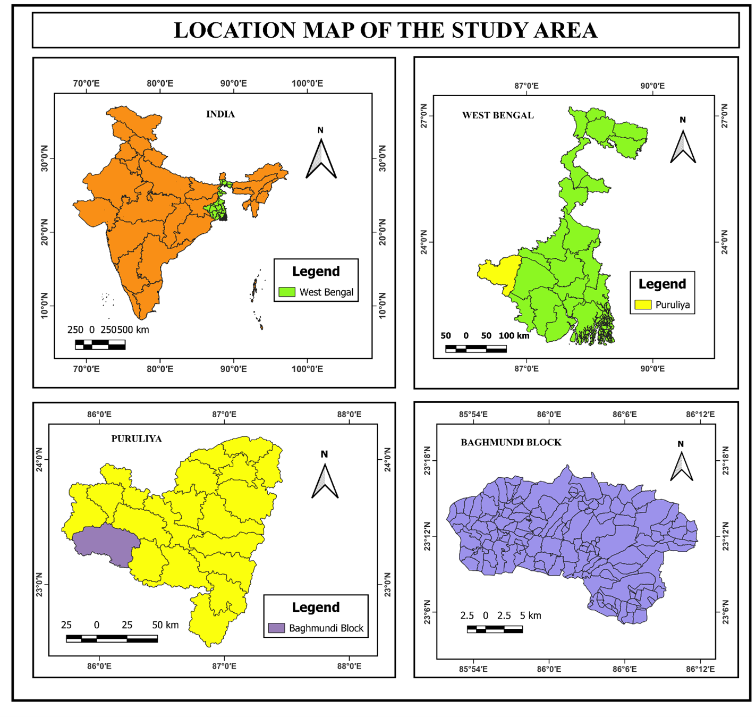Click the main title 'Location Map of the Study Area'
click(386, 30)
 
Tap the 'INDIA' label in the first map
click(220, 114)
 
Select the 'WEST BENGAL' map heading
click(498, 115)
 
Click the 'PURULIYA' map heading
click(137, 439)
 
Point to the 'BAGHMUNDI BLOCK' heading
click(511, 442)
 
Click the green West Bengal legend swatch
click(287, 292)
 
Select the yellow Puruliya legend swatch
click(643, 305)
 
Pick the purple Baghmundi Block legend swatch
click(276, 628)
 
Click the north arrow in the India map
click(321, 157)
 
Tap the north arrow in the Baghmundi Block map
click(681, 466)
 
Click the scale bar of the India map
click(100, 344)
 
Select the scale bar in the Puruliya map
click(112, 638)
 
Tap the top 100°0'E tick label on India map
click(307, 83)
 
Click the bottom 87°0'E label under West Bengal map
click(526, 368)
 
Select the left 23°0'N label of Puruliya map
click(40, 584)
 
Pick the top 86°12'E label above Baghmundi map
click(700, 415)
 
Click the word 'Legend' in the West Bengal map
click(662, 284)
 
